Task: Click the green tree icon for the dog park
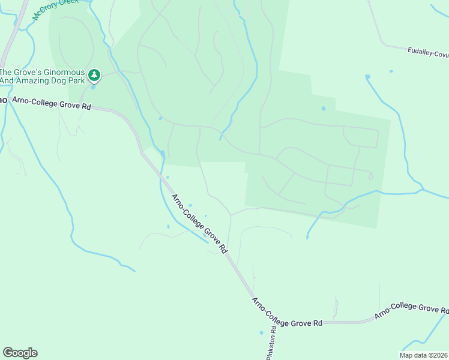pos(94,75)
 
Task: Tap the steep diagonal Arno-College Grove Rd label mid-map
pos(199,223)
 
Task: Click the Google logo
pos(20,353)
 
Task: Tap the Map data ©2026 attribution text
pos(424,355)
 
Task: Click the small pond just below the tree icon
pos(92,86)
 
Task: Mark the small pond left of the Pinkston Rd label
pos(261,332)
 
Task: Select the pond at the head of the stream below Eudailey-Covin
pos(367,77)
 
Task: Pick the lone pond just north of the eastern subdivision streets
pos(323,109)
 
